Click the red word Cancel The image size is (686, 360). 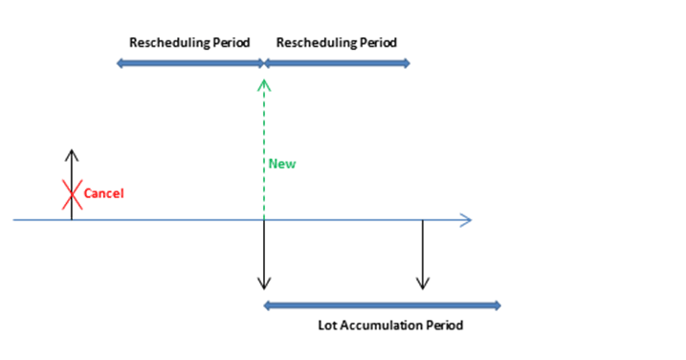point(104,193)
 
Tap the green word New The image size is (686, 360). point(281,164)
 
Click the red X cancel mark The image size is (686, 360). point(72,194)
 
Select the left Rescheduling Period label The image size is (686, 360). point(189,43)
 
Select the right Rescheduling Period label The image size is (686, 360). point(336,43)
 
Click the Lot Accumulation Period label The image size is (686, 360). point(390,326)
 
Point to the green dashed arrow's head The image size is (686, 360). point(264,84)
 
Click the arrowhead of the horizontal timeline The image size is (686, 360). point(466,220)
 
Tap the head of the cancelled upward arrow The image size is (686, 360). point(72,154)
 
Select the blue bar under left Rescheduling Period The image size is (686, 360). point(189,63)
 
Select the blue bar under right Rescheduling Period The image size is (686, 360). point(337,63)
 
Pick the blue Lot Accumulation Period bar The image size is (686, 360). point(382,305)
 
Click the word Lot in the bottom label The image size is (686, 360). point(328,326)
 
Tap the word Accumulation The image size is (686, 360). point(380,326)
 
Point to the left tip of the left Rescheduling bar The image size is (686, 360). point(119,63)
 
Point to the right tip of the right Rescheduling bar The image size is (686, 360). point(409,63)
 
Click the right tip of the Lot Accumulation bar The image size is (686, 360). point(498,305)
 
